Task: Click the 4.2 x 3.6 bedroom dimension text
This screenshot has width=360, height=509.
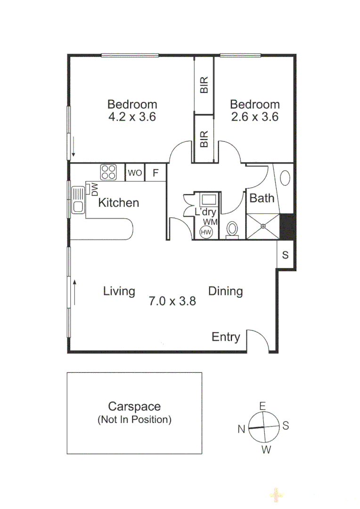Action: pos(132,117)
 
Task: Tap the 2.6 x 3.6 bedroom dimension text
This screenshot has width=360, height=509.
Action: pos(255,117)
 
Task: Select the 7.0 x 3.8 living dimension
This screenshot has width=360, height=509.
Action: pos(172,301)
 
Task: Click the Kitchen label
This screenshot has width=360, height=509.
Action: pos(118,203)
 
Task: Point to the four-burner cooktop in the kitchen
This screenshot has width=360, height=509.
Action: pos(108,172)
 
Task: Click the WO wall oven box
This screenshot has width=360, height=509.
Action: pos(134,173)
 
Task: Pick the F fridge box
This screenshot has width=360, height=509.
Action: pos(155,173)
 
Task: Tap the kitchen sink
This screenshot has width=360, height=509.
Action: pos(78,200)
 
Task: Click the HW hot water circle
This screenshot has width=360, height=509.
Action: pos(206,232)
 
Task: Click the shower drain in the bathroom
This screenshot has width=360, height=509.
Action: pos(263,226)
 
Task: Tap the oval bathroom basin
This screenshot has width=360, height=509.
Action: pos(285,178)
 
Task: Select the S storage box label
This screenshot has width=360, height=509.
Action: pos(285,255)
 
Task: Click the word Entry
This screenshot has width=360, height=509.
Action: pos(226,337)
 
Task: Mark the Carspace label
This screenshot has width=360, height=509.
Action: pos(134,406)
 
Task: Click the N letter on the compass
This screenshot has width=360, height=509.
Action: pos(241,429)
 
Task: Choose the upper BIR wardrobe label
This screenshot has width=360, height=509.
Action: pos(204,85)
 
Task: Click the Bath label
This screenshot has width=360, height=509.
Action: pos(262,198)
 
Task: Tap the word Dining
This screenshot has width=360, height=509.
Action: pos(225,291)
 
